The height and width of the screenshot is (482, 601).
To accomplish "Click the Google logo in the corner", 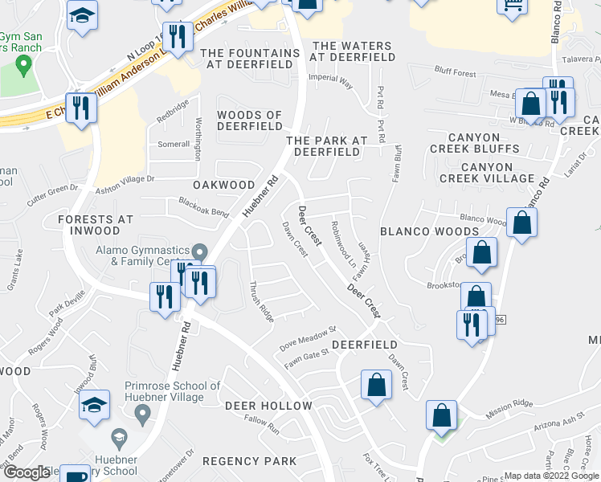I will click(27, 472).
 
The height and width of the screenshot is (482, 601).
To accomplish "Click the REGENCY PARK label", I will click(249, 461).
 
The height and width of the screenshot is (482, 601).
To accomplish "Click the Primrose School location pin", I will click(143, 415).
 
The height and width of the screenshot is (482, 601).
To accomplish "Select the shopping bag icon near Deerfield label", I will click(376, 386).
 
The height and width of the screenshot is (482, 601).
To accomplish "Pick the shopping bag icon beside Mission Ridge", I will click(441, 415).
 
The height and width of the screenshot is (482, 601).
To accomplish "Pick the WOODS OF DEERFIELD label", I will click(249, 121).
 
